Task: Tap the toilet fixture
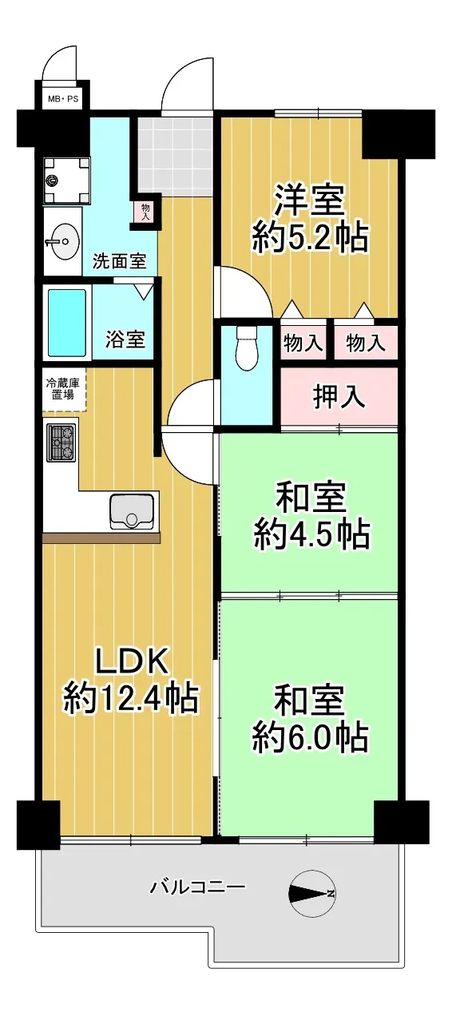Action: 247,348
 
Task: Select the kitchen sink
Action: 132,511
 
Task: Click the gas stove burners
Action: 62,443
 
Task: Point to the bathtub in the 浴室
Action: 67,322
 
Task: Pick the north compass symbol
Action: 312,893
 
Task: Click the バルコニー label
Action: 198,887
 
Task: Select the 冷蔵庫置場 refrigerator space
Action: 64,389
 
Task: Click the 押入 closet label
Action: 339,397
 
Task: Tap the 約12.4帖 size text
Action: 131,698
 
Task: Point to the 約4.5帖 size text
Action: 312,534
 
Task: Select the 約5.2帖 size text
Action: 310,236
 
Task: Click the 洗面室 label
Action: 119,261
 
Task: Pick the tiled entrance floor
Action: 175,156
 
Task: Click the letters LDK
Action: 131,662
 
